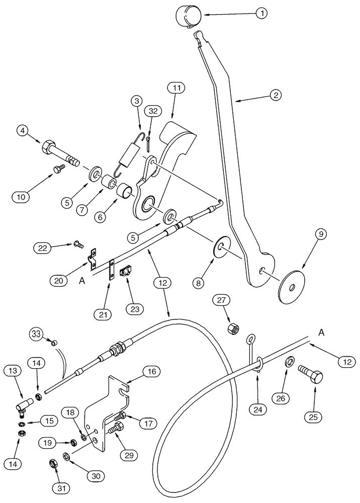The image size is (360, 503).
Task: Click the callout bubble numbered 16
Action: [x=151, y=372]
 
